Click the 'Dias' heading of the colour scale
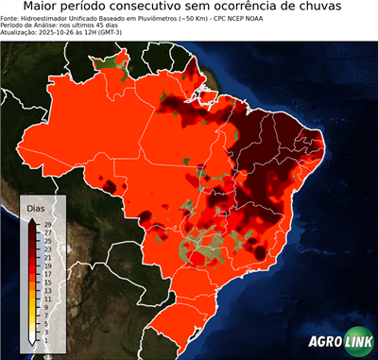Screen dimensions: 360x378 point(36,208)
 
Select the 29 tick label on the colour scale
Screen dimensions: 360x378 point(46,223)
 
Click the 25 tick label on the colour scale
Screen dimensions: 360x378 point(46,240)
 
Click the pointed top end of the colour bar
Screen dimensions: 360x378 point(32,219)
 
